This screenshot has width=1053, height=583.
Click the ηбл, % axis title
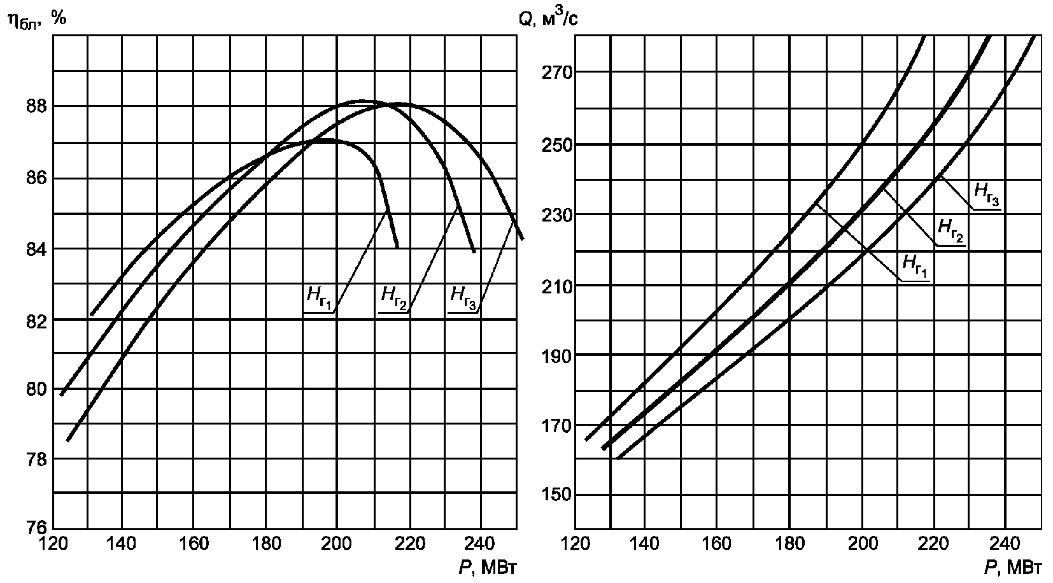click(37, 19)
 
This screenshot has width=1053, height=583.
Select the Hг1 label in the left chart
click(318, 296)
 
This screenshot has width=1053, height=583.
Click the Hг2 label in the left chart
click(393, 296)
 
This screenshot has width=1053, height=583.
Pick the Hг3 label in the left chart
click(463, 296)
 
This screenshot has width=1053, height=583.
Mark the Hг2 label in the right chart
click(951, 228)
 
